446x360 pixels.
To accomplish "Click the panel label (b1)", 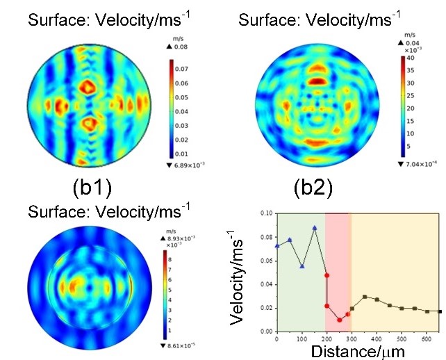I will click(83, 187).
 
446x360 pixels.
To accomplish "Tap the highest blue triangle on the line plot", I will click(315, 228).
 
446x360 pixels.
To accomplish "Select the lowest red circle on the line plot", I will click(339, 320).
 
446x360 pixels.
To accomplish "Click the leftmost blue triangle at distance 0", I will click(278, 245).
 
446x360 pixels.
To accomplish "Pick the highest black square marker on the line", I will click(365, 297).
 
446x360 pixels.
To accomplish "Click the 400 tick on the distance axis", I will click(377, 338).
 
